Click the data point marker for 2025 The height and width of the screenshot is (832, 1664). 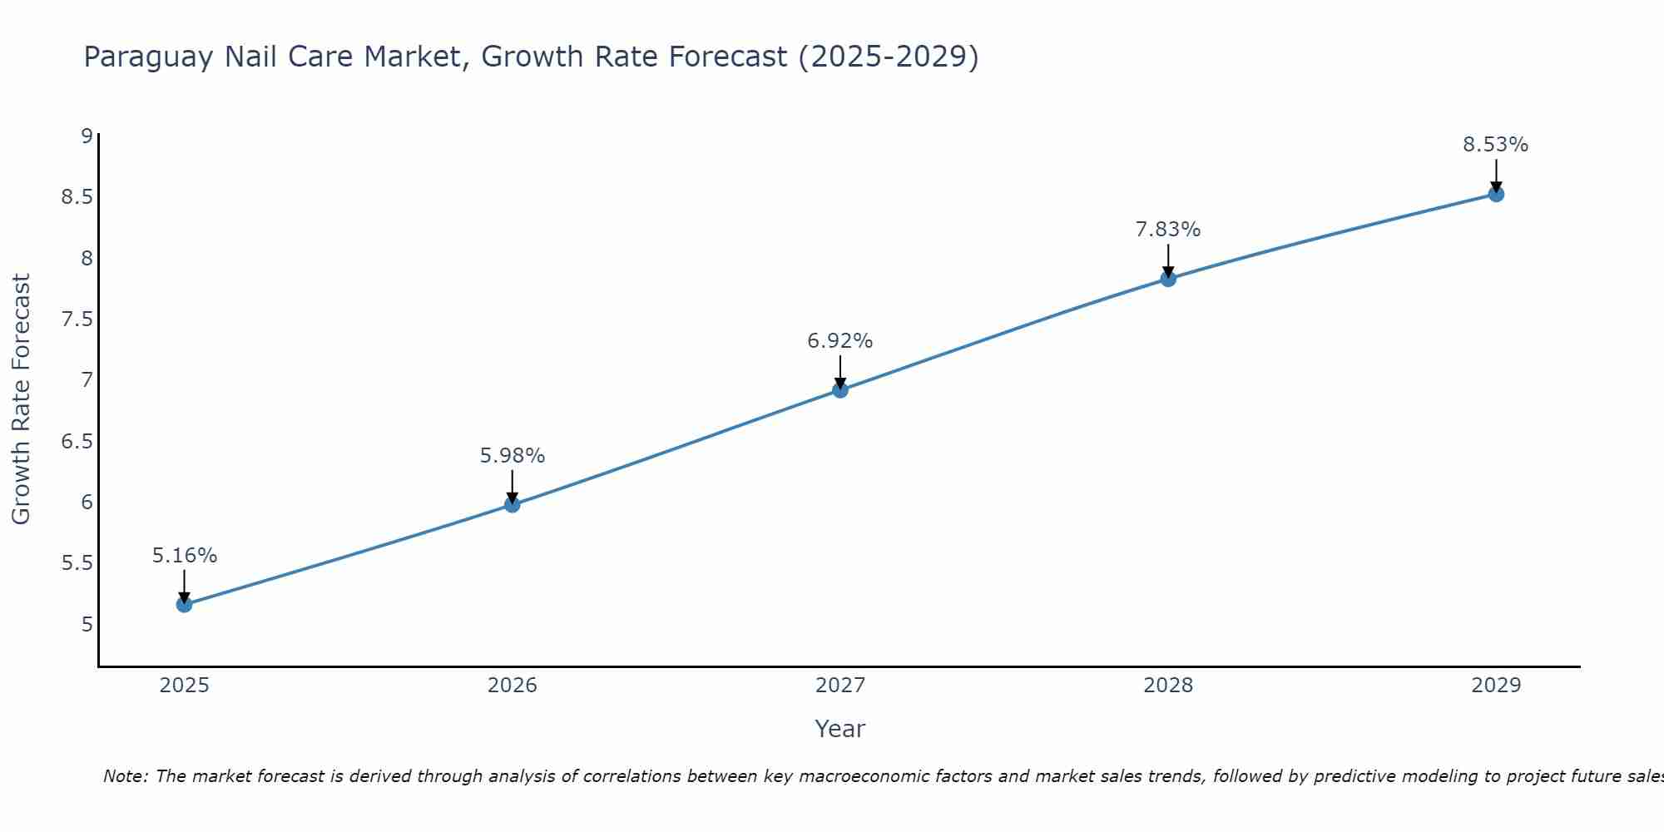coord(184,604)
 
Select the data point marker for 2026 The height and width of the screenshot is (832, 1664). coord(512,504)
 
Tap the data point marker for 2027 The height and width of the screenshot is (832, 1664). coord(840,389)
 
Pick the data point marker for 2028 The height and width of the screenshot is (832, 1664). coord(1168,279)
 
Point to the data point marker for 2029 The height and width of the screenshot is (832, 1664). coord(1496,194)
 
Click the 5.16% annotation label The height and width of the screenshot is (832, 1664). coord(184,556)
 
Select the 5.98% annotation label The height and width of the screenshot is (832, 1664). coord(512,456)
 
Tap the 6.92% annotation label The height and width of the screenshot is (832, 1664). coord(840,341)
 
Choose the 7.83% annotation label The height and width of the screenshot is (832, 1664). coord(1168,230)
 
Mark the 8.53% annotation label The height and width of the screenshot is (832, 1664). coord(1496,145)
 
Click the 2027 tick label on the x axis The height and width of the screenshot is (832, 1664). coord(840,686)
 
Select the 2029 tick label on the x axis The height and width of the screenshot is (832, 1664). coord(1496,686)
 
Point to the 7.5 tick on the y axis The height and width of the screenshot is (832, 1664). coord(77,319)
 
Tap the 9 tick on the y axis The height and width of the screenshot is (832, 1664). coord(87,136)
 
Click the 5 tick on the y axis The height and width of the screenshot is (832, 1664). coord(87,624)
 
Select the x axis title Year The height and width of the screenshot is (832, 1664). coord(840,729)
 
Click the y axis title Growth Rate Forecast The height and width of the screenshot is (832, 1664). coord(21,399)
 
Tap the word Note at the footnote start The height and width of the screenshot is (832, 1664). coord(125,776)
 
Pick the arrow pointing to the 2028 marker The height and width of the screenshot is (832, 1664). coord(1168,260)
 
